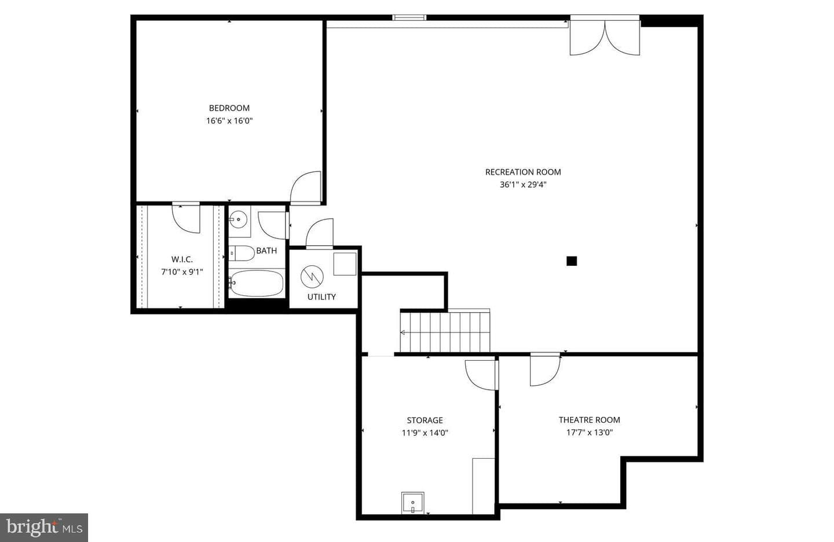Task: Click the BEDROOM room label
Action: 229,108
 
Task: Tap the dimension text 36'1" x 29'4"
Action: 523,184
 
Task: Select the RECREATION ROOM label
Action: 523,172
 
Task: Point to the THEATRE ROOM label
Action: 589,420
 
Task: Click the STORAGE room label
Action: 425,420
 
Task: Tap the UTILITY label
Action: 321,296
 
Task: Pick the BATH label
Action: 266,251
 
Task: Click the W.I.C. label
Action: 182,259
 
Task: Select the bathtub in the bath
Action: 256,284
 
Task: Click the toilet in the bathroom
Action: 242,253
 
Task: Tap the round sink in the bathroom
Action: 238,219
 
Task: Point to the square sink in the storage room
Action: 412,503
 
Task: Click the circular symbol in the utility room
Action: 312,277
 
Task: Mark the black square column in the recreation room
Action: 572,261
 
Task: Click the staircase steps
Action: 445,332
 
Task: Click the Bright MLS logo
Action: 44,528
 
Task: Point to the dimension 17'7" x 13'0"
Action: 589,432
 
